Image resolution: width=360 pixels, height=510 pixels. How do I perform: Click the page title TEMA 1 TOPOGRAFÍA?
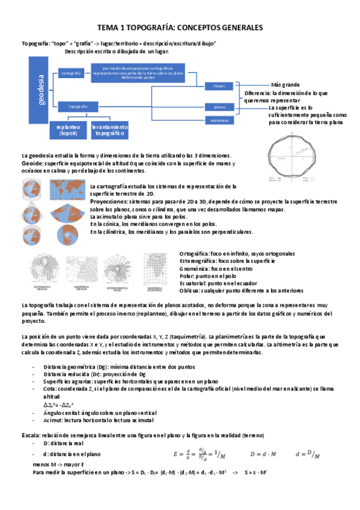[x=180, y=28]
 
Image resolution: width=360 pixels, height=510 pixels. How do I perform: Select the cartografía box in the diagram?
[x=72, y=73]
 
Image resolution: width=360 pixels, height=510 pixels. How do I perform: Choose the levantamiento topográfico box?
[x=109, y=130]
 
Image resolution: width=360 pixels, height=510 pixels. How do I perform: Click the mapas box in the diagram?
[x=219, y=87]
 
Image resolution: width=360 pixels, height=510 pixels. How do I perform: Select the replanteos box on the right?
[x=219, y=121]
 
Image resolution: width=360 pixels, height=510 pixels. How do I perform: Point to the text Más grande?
[x=285, y=85]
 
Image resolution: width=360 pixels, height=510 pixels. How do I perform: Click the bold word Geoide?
[x=32, y=164]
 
